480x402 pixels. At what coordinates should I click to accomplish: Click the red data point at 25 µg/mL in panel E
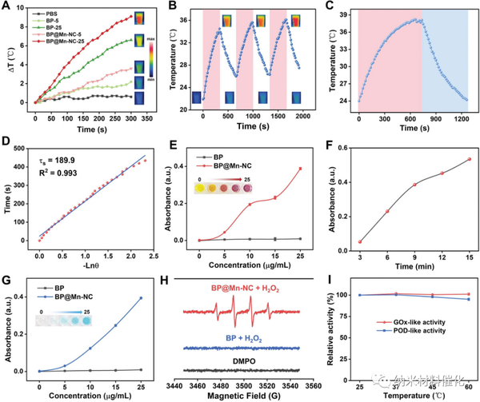point(299,169)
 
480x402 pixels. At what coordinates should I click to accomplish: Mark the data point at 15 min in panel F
point(469,159)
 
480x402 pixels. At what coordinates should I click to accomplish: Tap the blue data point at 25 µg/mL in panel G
point(142,298)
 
